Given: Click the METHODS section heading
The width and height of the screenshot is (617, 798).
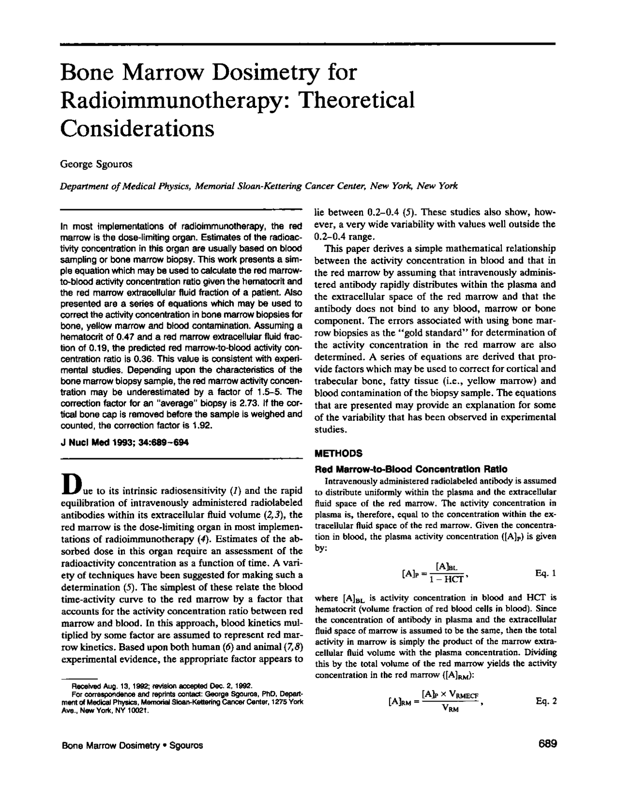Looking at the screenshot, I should (338, 453).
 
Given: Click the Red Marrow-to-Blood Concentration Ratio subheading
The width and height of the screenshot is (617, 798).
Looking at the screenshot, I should (411, 469).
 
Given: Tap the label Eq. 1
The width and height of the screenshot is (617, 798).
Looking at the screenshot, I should (546, 573).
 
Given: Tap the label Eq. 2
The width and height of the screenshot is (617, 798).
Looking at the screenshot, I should (546, 701).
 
